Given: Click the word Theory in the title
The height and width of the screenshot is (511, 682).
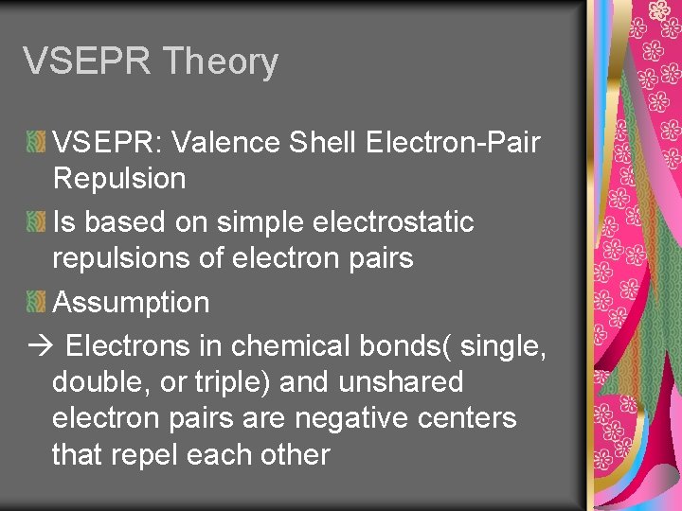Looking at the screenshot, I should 220,62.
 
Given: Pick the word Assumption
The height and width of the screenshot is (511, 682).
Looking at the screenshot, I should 131,303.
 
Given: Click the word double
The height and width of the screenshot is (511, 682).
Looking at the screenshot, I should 96,382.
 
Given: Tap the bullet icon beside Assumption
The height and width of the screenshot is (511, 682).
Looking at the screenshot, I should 36,303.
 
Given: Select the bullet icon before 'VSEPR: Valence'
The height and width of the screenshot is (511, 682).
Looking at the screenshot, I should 36,143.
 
